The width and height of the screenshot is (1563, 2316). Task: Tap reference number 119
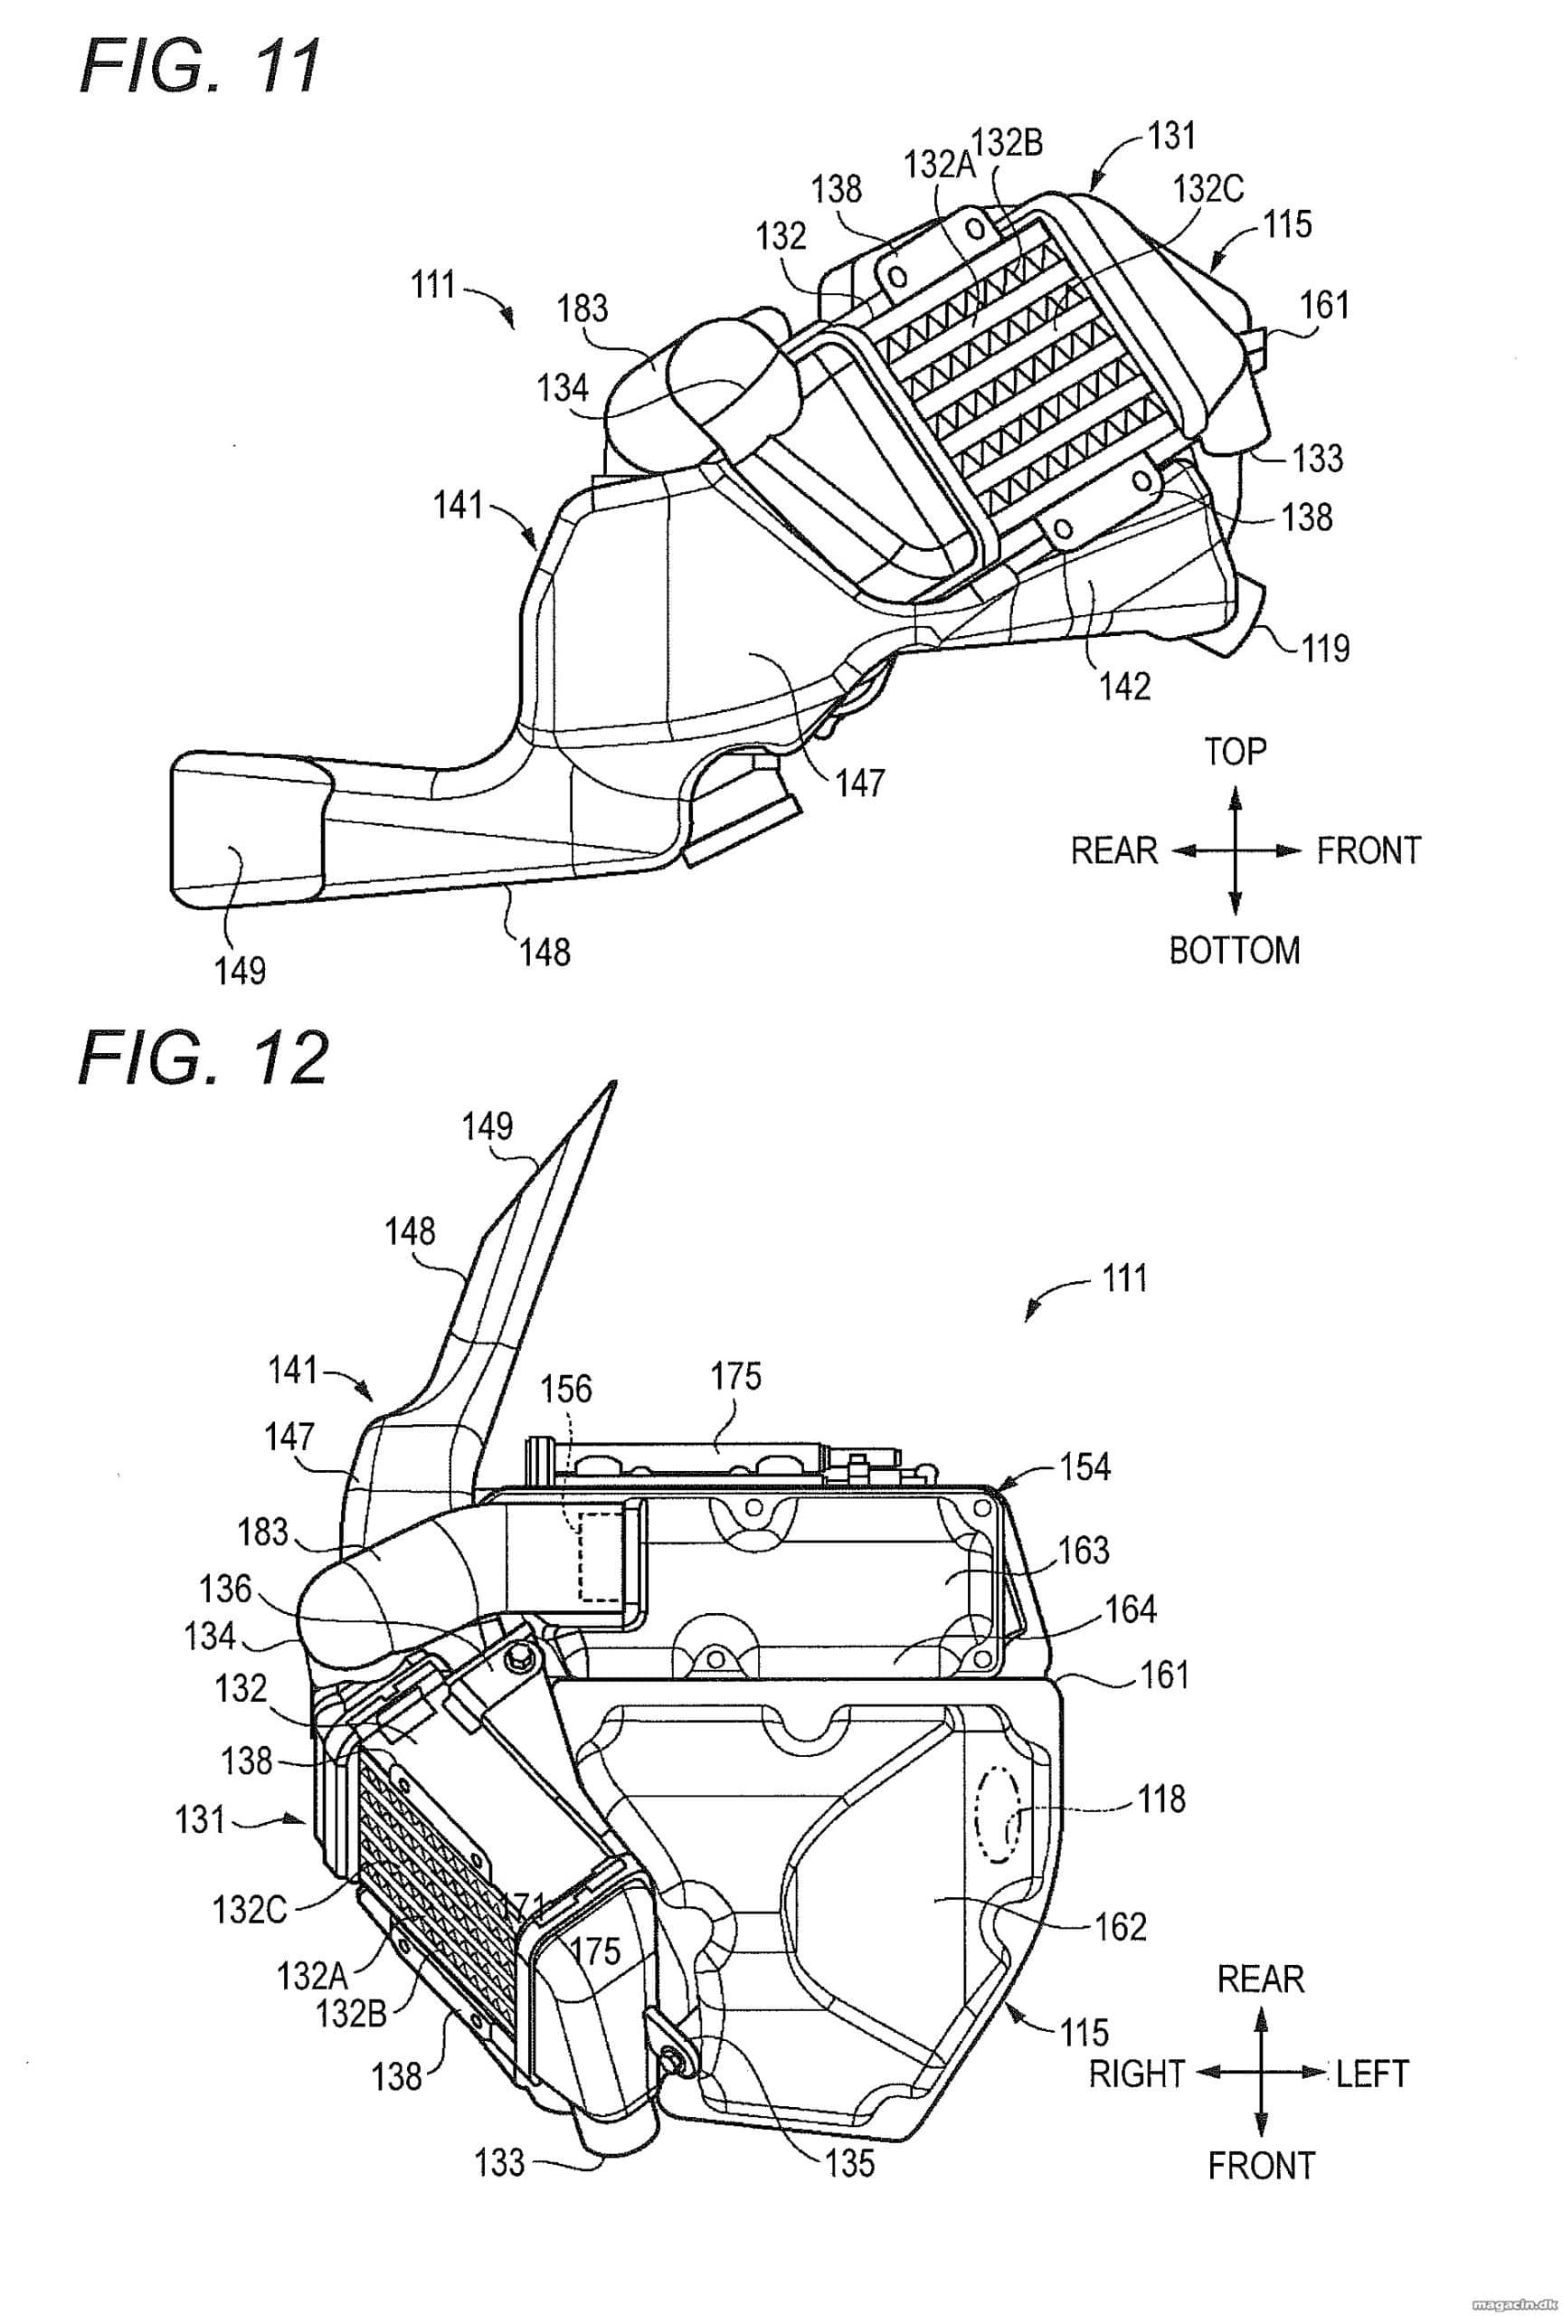(1325, 649)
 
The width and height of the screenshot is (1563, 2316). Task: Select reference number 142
(1124, 686)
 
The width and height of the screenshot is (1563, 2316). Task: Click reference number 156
(566, 1390)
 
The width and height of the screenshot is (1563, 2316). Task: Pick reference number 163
(1083, 1550)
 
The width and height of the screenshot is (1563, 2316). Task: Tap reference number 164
(1131, 1609)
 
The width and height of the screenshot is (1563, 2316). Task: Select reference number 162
(1121, 1927)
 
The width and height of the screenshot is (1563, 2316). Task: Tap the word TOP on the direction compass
(1236, 752)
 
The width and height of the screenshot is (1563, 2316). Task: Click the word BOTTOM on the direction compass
(1235, 951)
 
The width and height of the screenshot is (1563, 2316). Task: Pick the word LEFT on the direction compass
(1373, 2074)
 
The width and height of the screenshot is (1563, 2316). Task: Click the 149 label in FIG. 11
(240, 970)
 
